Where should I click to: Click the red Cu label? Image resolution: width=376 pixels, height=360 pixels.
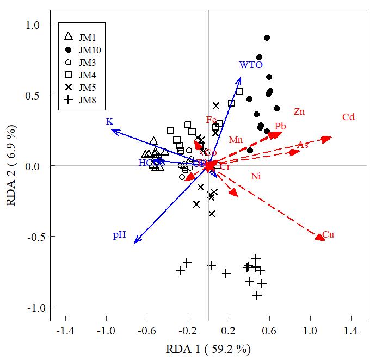click(x=328, y=235)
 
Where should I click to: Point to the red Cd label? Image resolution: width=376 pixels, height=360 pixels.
click(x=348, y=117)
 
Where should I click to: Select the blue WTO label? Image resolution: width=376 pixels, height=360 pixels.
click(x=251, y=65)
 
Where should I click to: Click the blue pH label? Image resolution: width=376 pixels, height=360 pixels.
click(x=120, y=235)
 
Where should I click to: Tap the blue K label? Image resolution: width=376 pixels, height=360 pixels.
click(x=109, y=121)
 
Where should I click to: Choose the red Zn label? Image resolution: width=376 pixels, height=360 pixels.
click(x=299, y=112)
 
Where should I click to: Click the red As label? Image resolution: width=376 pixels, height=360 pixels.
click(x=303, y=145)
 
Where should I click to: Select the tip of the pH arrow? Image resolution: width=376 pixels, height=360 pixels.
click(x=135, y=243)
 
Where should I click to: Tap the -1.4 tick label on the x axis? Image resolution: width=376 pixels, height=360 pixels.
click(x=66, y=330)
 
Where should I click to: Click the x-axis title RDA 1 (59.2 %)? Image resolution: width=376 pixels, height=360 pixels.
click(x=208, y=348)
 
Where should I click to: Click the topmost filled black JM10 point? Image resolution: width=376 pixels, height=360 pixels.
click(x=267, y=38)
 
